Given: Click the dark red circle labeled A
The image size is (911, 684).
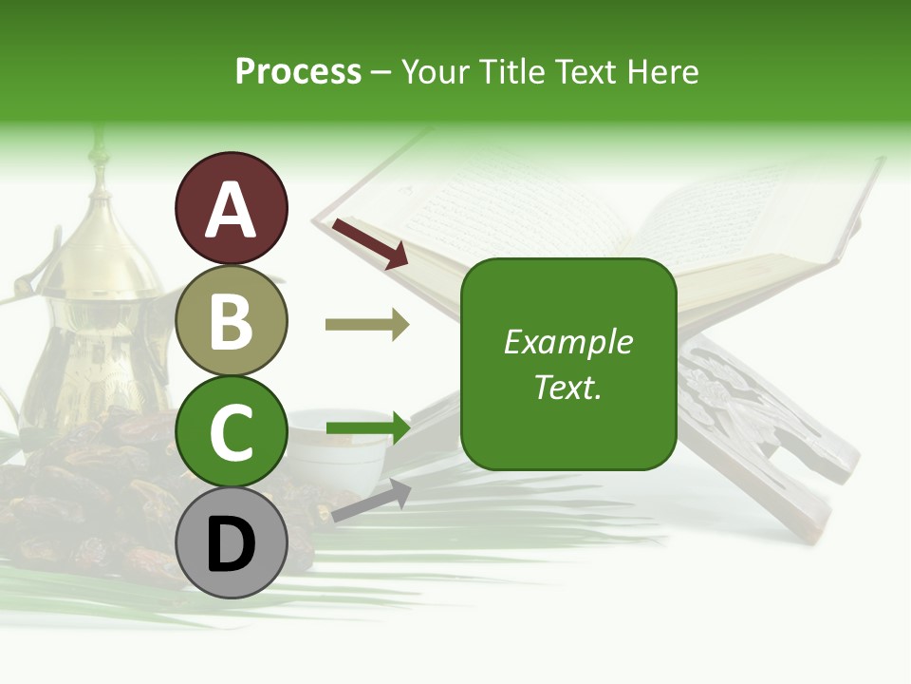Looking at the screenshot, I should [231, 208].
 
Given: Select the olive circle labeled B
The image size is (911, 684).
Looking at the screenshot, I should [231, 320].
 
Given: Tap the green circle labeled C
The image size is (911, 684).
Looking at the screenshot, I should [231, 431].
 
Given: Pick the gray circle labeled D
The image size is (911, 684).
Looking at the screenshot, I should [231, 543].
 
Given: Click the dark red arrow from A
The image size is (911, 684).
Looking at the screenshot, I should [369, 243].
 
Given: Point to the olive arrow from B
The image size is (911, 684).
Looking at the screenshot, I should [366, 325].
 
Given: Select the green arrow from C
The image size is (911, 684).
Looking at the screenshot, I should [366, 427].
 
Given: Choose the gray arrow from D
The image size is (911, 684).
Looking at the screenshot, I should [370, 501].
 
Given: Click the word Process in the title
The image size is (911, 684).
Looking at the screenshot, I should [298, 71].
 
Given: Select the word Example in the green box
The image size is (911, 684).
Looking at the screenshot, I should [567, 342].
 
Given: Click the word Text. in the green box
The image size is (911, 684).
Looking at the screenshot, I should [567, 387].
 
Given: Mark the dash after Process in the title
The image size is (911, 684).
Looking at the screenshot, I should [381, 73].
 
